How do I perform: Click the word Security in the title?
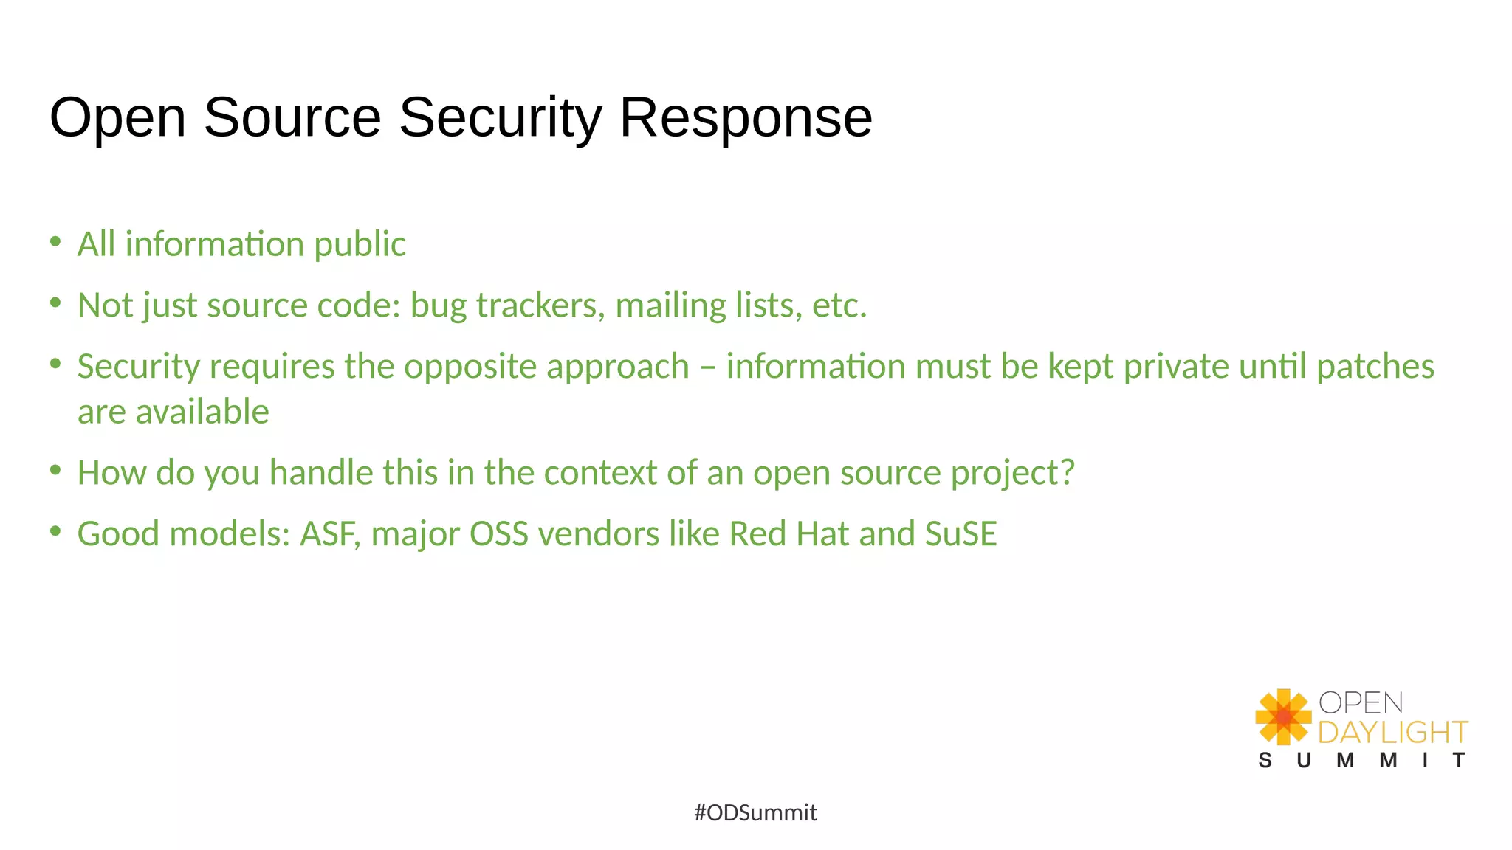point(499,118)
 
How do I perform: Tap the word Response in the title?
point(746,118)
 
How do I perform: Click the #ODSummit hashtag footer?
point(755,812)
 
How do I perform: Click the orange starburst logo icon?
point(1283,716)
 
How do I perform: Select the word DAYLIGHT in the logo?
point(1392,732)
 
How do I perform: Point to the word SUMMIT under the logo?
point(1361,760)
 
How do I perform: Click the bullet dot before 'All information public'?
point(55,241)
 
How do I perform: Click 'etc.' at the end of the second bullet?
point(839,305)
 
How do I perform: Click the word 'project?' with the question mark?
point(1012,474)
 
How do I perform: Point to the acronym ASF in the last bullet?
point(329,534)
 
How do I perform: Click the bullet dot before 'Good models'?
point(55,531)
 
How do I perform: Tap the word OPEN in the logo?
point(1361,702)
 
